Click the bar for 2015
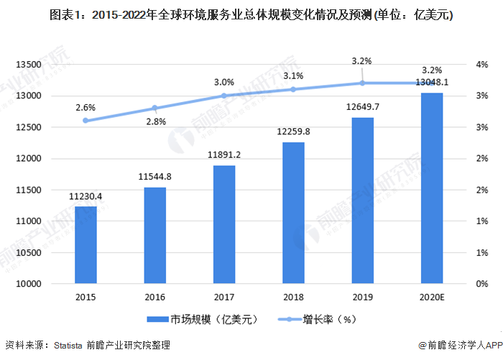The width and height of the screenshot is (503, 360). [x=86, y=245]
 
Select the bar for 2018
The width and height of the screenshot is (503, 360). [x=293, y=213]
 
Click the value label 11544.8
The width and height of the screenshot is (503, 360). [x=155, y=176]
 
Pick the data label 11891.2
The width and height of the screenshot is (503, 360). [x=224, y=154]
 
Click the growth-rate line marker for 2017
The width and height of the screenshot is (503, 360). [x=224, y=96]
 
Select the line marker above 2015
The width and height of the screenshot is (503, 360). [x=86, y=121]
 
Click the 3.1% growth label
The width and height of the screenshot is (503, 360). [x=293, y=75]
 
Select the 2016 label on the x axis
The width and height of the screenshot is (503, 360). [x=155, y=297]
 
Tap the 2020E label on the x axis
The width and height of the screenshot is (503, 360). [x=432, y=297]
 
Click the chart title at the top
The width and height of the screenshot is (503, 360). [x=251, y=14]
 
